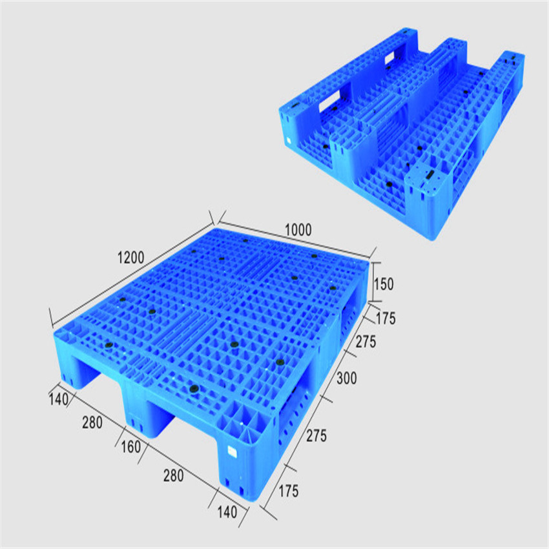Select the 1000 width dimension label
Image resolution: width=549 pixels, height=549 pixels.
click(x=298, y=229)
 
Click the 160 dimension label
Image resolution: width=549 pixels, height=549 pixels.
click(x=130, y=447)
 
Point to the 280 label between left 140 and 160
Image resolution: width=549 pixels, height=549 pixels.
click(x=91, y=422)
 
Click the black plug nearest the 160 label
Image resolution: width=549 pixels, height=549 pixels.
click(x=192, y=388)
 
